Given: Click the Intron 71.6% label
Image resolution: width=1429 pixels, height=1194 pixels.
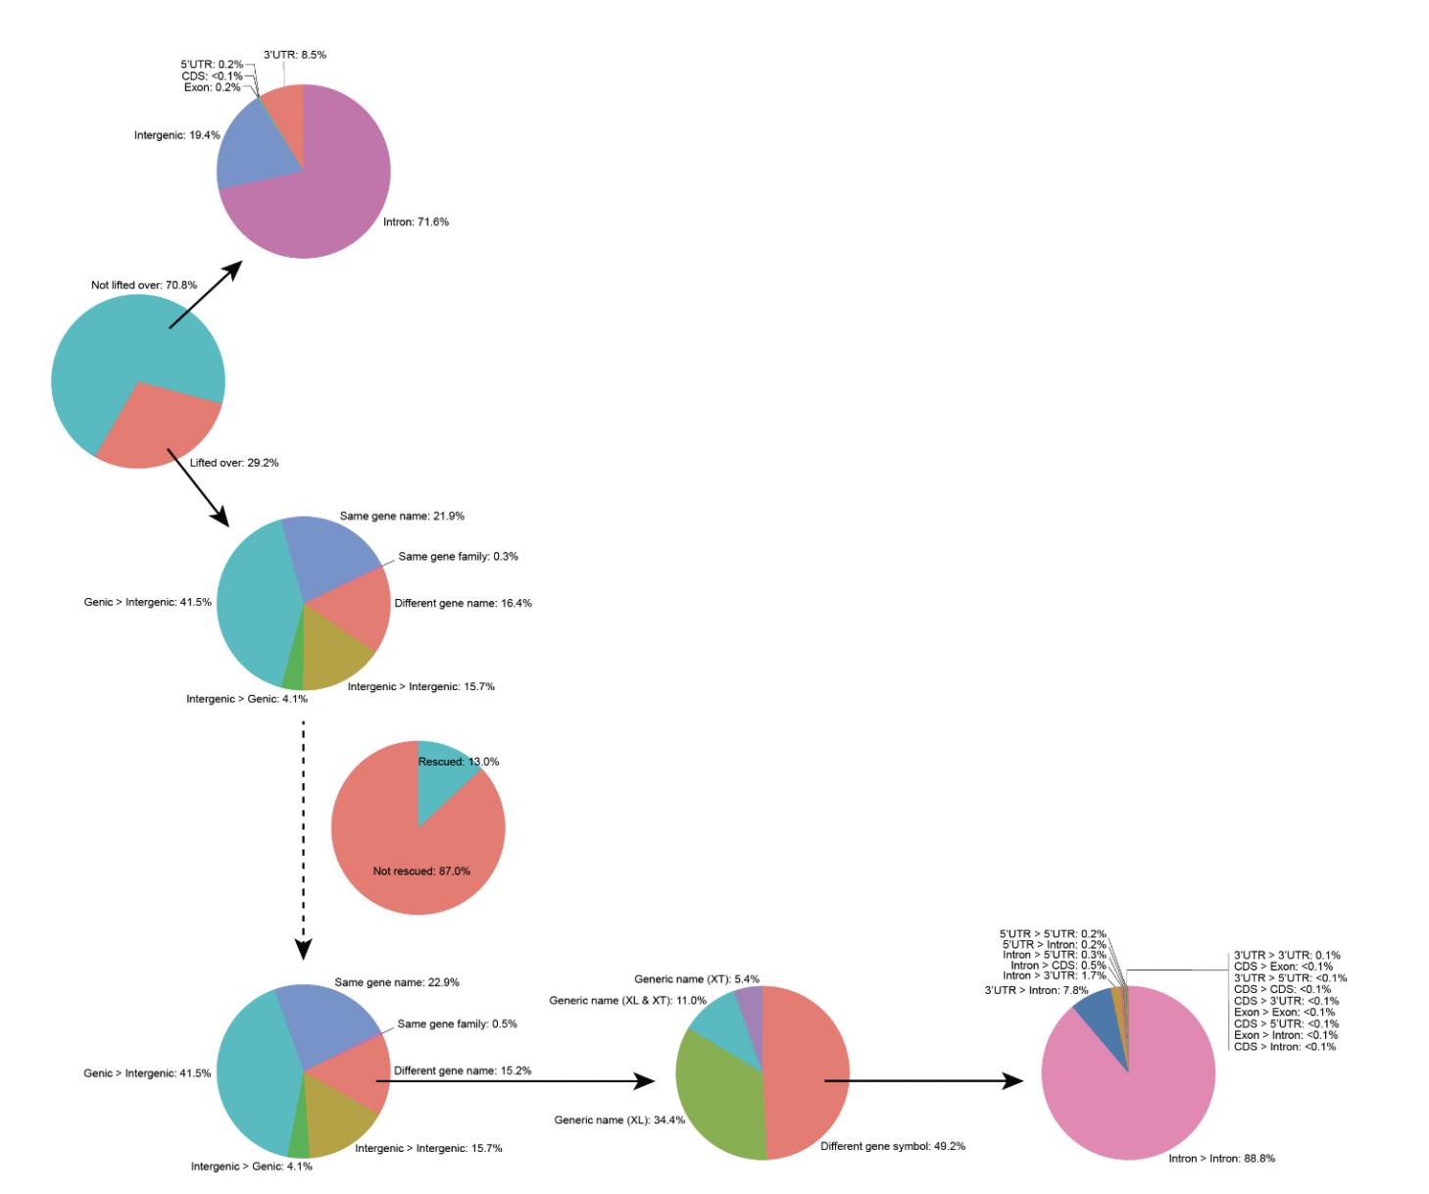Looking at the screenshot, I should pyautogui.click(x=416, y=223).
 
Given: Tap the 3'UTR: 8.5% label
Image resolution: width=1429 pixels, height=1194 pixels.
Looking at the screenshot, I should pyautogui.click(x=295, y=55).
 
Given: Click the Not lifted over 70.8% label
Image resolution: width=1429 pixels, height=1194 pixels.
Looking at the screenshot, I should pyautogui.click(x=144, y=285).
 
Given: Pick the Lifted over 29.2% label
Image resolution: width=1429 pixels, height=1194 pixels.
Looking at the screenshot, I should pyautogui.click(x=234, y=463).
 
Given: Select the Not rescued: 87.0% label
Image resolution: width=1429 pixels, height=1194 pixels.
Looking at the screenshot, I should pyautogui.click(x=421, y=871).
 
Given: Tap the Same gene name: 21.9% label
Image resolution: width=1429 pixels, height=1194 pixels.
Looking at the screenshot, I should pyautogui.click(x=402, y=517).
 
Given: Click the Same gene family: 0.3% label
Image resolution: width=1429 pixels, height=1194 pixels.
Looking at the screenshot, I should pyautogui.click(x=458, y=557).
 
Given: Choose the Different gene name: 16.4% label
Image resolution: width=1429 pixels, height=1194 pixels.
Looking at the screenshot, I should pyautogui.click(x=463, y=604).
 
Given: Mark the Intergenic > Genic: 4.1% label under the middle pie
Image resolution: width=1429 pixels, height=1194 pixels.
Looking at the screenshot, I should pyautogui.click(x=247, y=700).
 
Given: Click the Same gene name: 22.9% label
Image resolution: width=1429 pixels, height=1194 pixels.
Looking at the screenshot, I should pyautogui.click(x=397, y=983).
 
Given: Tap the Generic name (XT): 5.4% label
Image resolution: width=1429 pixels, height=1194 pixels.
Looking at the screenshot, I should pyautogui.click(x=697, y=979).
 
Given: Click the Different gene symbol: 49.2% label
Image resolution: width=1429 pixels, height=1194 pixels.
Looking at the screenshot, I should pyautogui.click(x=893, y=1147).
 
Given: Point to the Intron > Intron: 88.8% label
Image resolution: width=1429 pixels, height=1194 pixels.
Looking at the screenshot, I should pyautogui.click(x=1221, y=1159).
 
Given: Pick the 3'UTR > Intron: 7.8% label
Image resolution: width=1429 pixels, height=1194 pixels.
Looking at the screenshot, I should pyautogui.click(x=1036, y=991).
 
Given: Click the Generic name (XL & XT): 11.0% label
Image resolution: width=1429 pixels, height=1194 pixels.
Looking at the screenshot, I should pyautogui.click(x=627, y=1001).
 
